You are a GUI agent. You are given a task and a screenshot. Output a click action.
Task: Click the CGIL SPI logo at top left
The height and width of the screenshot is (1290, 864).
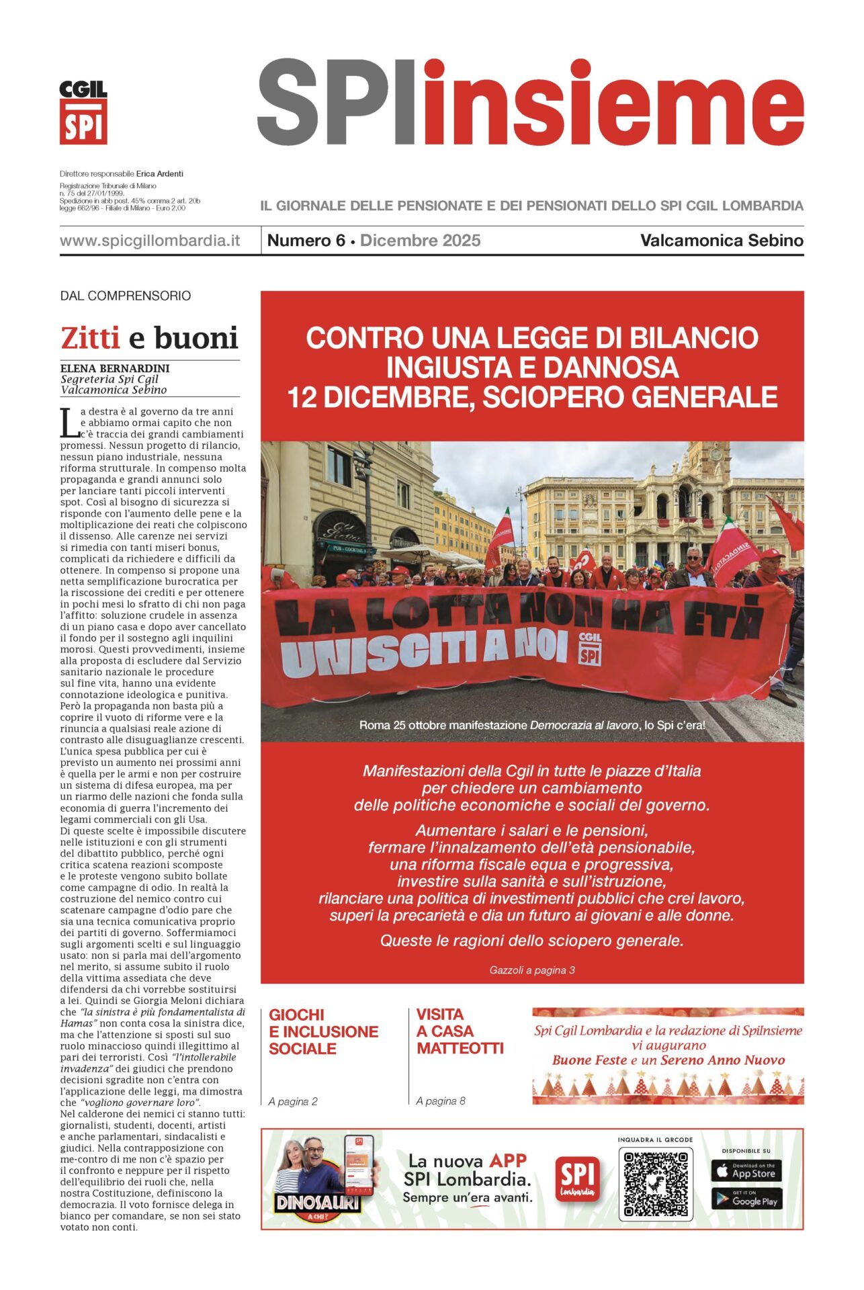pyautogui.click(x=83, y=112)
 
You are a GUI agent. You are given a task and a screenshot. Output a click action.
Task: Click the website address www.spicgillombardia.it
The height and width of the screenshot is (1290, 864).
pyautogui.click(x=150, y=241)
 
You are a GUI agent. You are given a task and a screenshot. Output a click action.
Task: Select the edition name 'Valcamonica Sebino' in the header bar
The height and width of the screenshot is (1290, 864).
pyautogui.click(x=722, y=241)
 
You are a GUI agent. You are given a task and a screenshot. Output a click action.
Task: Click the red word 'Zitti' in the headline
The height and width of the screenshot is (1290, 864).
pyautogui.click(x=90, y=338)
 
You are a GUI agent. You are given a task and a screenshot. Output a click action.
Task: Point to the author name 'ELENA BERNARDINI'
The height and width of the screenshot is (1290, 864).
pyautogui.click(x=115, y=368)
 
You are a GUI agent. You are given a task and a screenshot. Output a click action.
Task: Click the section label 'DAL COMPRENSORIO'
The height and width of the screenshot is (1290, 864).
pyautogui.click(x=126, y=296)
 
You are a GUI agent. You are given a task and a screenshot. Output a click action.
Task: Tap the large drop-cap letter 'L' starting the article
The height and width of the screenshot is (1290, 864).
pyautogui.click(x=69, y=423)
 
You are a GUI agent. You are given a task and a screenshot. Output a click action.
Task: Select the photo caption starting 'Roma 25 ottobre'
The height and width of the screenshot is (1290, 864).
pyautogui.click(x=531, y=726)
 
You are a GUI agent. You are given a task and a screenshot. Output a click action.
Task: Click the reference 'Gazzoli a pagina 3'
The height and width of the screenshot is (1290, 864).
pyautogui.click(x=531, y=970)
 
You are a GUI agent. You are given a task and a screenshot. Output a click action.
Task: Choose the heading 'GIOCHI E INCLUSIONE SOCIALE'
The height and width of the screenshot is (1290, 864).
pyautogui.click(x=323, y=1031)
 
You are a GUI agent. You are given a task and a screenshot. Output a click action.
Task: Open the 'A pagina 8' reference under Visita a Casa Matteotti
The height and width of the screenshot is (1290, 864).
pyautogui.click(x=441, y=1101)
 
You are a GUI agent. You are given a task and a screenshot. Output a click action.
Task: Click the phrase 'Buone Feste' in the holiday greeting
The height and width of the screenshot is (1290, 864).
pyautogui.click(x=589, y=1060)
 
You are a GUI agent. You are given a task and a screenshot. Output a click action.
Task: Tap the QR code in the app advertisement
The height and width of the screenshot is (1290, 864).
pyautogui.click(x=655, y=1185)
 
